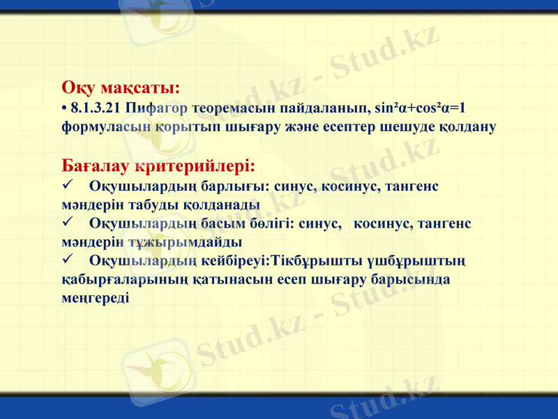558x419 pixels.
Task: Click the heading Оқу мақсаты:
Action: point(121,89)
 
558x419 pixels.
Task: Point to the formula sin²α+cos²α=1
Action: point(421,109)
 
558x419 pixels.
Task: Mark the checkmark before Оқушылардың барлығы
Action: point(68,186)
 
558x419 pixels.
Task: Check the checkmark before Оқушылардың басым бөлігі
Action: point(68,223)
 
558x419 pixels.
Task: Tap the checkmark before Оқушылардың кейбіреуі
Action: point(68,260)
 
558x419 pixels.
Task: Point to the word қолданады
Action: point(221,205)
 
